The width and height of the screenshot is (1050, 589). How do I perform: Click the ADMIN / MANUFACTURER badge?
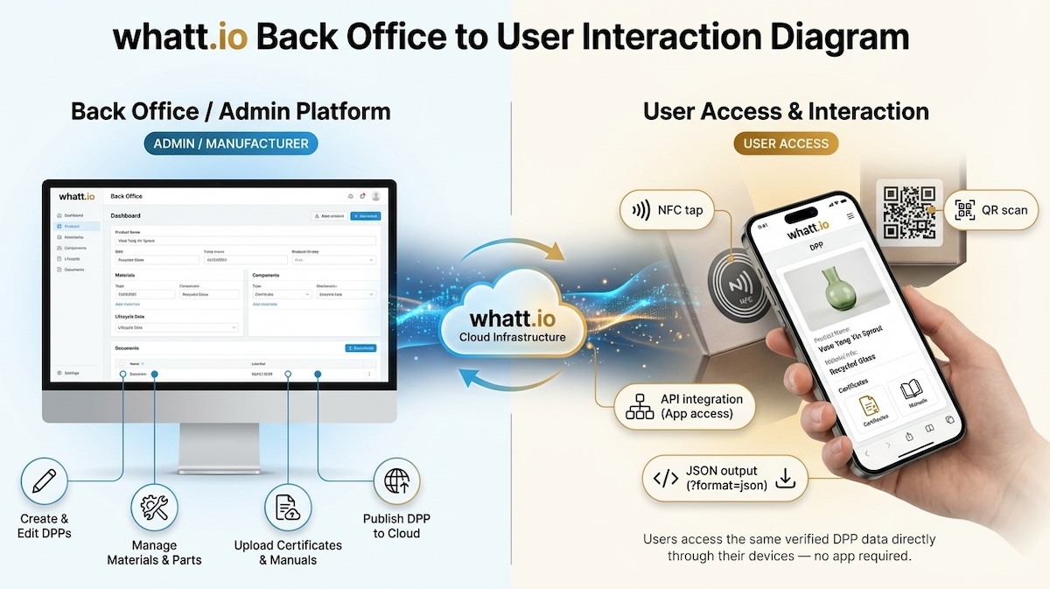tap(231, 144)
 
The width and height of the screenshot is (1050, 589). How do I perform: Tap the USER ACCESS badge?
tap(786, 144)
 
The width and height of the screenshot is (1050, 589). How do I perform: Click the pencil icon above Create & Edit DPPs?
tap(44, 482)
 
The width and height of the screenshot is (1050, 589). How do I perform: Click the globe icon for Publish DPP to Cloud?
tap(396, 480)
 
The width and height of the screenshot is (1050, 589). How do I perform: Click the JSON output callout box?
tap(724, 479)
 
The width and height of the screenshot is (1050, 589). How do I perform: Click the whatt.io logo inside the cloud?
tap(513, 319)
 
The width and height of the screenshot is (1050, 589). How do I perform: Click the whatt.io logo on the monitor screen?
tap(77, 196)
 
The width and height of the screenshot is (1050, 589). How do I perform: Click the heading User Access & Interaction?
tap(786, 111)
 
